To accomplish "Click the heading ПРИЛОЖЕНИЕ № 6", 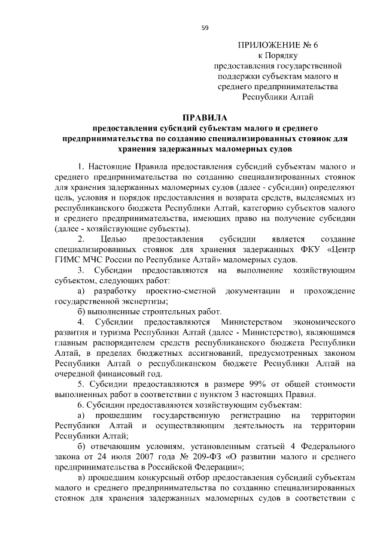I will coord(278,45).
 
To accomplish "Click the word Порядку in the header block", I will coord(285,55).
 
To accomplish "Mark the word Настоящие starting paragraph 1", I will coord(111,165).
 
